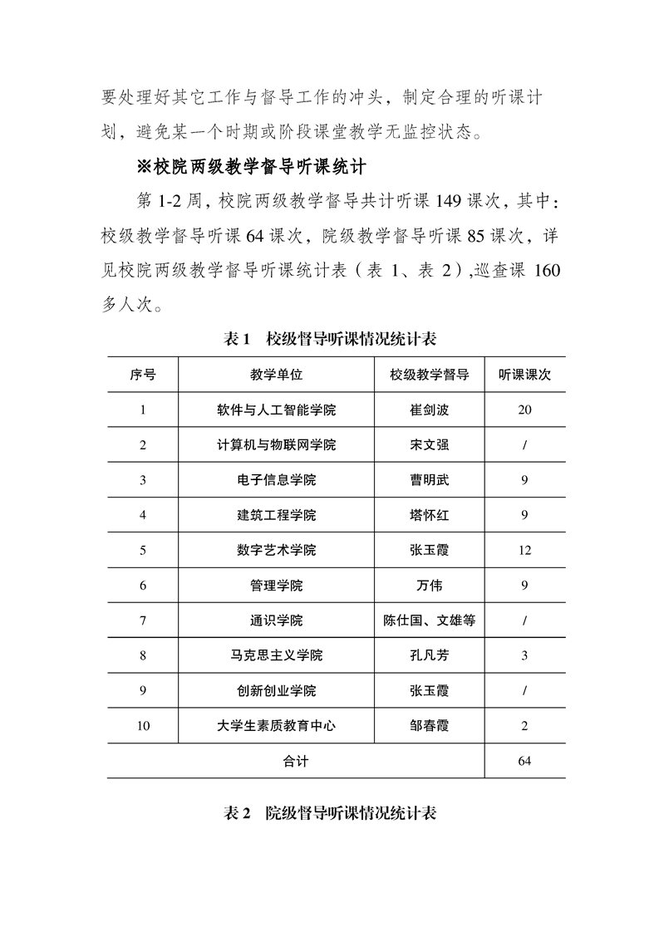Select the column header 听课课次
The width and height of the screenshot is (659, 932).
[524, 375]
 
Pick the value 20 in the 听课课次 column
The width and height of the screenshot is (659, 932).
[524, 410]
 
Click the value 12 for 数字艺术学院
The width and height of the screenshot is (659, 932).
[524, 551]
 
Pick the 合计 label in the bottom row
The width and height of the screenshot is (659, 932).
[295, 761]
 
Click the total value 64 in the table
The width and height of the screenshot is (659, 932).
[524, 761]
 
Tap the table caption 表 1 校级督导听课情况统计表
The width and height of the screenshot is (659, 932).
[331, 339]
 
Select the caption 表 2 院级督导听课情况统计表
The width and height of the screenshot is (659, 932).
[331, 813]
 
